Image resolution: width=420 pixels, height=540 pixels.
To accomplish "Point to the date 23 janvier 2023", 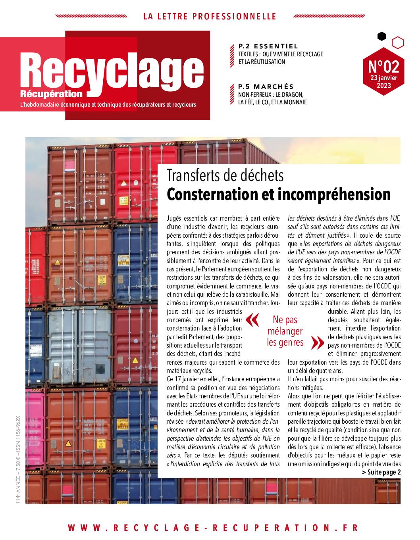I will (383, 81).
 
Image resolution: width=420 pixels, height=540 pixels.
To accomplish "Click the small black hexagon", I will (381, 37).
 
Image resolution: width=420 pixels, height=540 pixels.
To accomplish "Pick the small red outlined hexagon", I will (397, 42).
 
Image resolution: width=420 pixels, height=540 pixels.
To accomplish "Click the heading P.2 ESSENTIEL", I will (268, 46).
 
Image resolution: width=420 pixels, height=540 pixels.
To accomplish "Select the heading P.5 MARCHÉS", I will (266, 86).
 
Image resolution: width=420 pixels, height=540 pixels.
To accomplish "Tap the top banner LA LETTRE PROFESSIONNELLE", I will (210, 17).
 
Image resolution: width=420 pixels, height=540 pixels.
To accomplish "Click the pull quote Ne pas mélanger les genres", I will (285, 331).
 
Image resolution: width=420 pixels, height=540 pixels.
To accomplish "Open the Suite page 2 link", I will (381, 472).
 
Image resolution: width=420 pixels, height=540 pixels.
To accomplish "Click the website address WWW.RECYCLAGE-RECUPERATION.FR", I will (213, 528).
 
